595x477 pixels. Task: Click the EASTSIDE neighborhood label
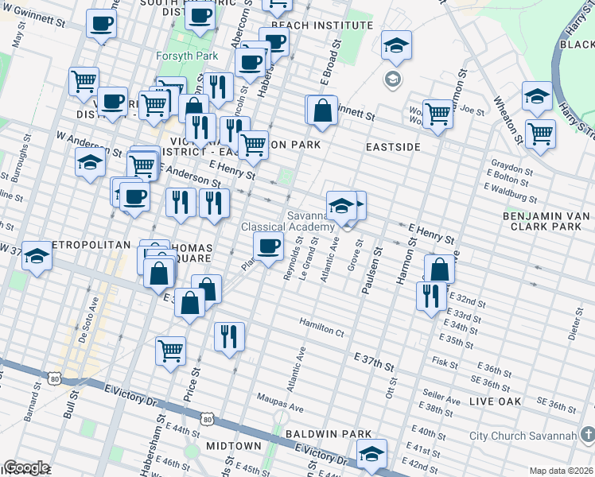click(x=393, y=147)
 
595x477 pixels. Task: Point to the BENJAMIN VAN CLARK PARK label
click(x=548, y=221)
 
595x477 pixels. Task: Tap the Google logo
click(x=26, y=467)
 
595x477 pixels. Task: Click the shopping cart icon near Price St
click(x=171, y=350)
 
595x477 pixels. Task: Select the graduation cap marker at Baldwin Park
click(x=371, y=453)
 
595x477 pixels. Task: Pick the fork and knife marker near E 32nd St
click(x=431, y=296)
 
